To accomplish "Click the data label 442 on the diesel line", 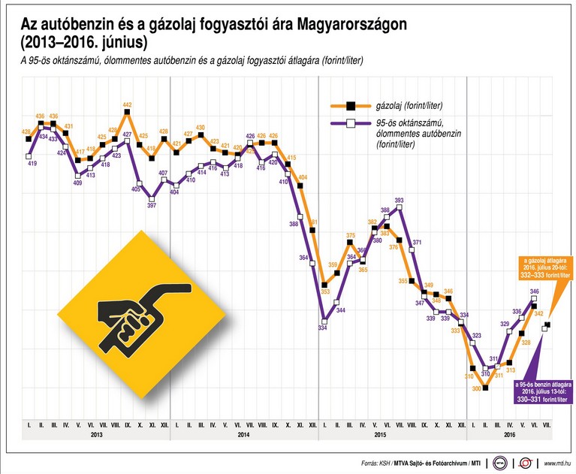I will click(127, 105).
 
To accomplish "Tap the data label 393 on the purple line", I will click(399, 201).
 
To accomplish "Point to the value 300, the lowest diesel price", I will click(475, 388).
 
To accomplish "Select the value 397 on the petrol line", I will click(152, 205).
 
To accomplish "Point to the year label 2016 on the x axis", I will click(509, 436).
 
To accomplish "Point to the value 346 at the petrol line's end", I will click(534, 291).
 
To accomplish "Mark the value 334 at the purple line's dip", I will click(323, 328).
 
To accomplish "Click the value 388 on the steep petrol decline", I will click(294, 224).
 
